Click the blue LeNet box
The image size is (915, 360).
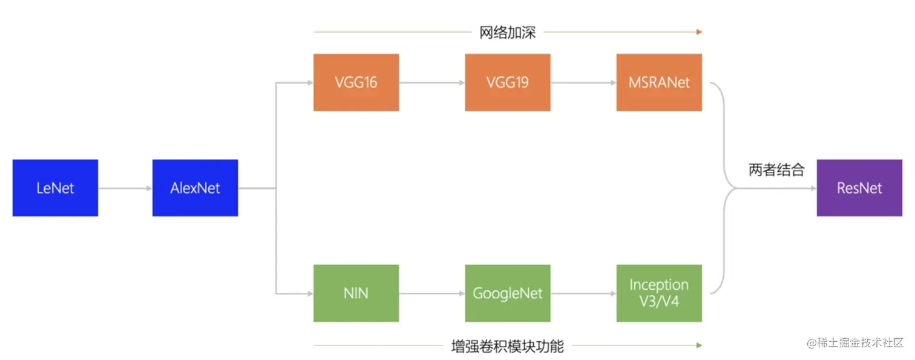[55, 188]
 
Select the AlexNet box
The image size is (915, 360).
[195, 188]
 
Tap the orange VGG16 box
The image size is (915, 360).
[356, 82]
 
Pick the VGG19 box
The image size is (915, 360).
[507, 82]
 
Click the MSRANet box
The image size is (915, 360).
[659, 82]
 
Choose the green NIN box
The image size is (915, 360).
[356, 293]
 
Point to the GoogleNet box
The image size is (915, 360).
[507, 293]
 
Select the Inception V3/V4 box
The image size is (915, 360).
[659, 293]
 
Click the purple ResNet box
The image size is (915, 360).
[859, 188]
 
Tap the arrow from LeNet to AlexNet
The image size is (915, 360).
[125, 188]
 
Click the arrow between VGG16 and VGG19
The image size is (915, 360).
[431, 82]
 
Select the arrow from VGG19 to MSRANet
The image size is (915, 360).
[583, 82]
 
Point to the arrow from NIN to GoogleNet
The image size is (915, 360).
[431, 293]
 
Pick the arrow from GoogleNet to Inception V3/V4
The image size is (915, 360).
[583, 293]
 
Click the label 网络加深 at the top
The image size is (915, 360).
[507, 32]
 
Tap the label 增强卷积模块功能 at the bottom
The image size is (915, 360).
[507, 346]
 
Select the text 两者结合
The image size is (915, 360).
[776, 170]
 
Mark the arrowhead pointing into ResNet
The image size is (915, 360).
[813, 188]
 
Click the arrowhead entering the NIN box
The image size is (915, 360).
[309, 293]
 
